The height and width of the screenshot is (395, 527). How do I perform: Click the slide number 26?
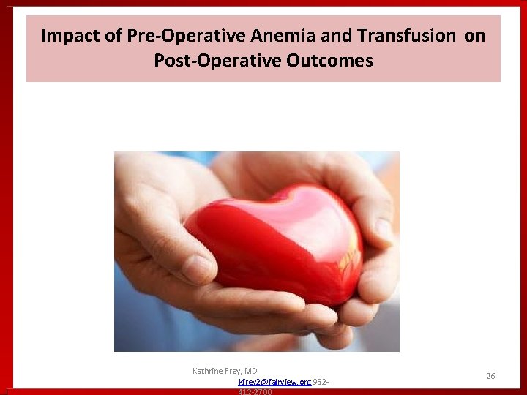[x=490, y=376]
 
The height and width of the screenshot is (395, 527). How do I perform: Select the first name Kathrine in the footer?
[x=209, y=371]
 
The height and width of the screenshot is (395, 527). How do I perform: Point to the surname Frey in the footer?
[x=236, y=371]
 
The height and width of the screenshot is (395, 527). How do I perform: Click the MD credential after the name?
[x=251, y=371]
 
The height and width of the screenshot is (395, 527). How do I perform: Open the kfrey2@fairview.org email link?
[x=274, y=382]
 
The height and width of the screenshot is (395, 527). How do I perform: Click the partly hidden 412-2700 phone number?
[x=255, y=391]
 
